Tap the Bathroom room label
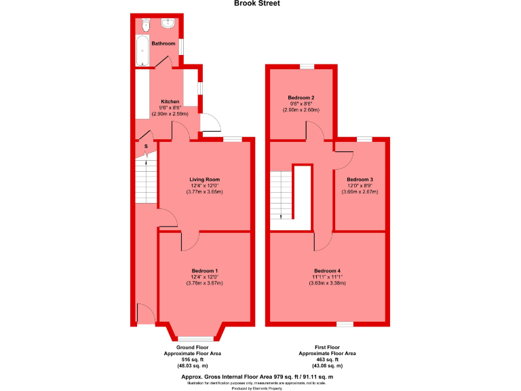[163, 43]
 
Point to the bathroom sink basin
[169, 24]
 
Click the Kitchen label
[170, 102]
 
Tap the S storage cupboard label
[146, 146]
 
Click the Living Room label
[204, 179]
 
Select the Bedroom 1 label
[204, 270]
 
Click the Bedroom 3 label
[360, 179]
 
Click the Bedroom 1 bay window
[196, 337]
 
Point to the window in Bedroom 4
[345, 324]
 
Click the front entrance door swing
[144, 314]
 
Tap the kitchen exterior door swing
[210, 122]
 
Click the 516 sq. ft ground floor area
[193, 360]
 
